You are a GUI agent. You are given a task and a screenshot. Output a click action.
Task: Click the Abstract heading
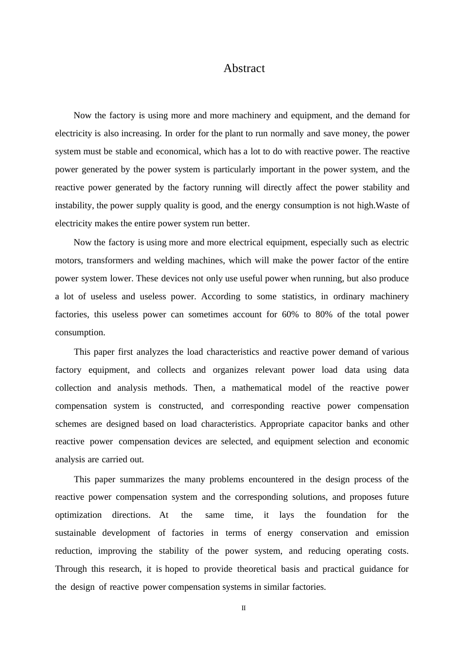point(244,69)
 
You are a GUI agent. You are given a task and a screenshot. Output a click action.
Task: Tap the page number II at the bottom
point(244,608)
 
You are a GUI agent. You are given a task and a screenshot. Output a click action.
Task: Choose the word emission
point(392,533)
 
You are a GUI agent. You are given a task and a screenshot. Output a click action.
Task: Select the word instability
point(73,206)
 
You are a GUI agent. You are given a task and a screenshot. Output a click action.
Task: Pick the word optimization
point(78,515)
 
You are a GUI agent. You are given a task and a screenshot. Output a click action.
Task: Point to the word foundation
point(346,515)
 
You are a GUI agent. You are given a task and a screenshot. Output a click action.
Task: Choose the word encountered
point(271,480)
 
